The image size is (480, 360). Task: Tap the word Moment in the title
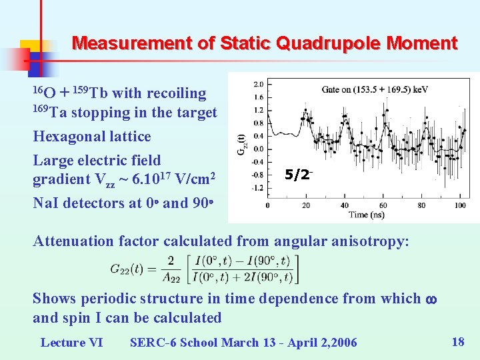(x=423, y=44)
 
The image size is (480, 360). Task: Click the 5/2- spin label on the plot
(x=298, y=175)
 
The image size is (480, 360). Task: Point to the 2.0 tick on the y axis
(x=259, y=85)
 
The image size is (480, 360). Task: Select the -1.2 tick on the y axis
(x=257, y=188)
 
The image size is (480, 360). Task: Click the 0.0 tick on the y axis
(x=259, y=149)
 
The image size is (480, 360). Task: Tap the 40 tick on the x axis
(x=345, y=205)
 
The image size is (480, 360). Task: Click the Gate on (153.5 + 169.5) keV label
(x=375, y=89)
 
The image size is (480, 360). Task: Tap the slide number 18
(x=458, y=342)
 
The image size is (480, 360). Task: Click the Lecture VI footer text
(x=71, y=343)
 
